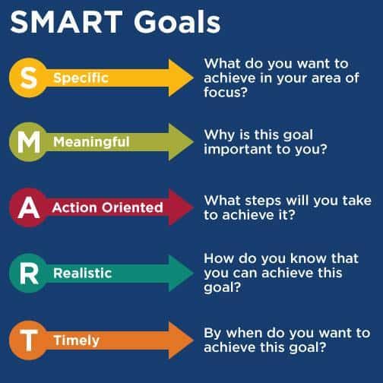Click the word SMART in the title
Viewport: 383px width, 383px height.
point(66,22)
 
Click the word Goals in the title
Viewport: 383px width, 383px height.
point(177,22)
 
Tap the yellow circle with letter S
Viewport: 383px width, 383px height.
point(28,78)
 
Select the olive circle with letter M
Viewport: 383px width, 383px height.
point(28,142)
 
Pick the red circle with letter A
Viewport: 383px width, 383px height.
point(28,207)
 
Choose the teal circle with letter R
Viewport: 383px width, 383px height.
point(28,273)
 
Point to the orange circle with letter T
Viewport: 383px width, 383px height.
point(28,340)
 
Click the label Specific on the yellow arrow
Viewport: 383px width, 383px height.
point(81,78)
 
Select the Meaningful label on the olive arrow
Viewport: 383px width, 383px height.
point(91,142)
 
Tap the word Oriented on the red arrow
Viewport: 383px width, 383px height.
point(132,207)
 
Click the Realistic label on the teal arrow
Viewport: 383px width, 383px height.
point(83,273)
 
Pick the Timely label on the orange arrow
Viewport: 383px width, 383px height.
point(77,340)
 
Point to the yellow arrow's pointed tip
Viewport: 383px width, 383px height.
point(193,78)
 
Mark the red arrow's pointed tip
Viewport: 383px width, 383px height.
point(193,207)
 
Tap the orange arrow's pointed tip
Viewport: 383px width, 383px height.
point(193,340)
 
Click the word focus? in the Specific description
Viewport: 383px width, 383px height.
point(226,92)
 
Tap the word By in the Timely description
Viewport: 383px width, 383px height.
point(213,334)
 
